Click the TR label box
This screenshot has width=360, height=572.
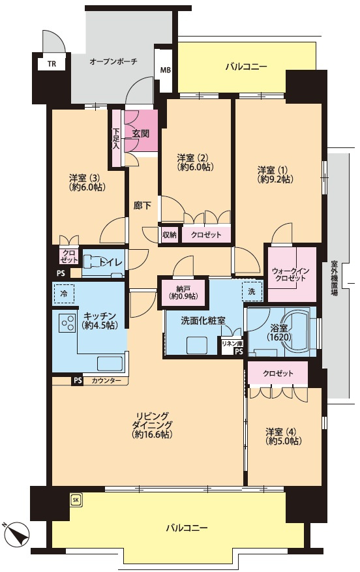[x=52, y=63]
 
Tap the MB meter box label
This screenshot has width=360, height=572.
[x=165, y=70]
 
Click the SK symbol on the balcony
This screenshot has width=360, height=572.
[x=76, y=500]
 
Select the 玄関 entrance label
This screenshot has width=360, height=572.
[x=140, y=134]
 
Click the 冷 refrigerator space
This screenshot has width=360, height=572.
[x=64, y=294]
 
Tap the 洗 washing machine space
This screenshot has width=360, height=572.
[x=252, y=291]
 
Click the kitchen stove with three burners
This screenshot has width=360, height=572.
[x=67, y=322]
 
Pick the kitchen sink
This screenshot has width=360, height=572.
[x=109, y=363]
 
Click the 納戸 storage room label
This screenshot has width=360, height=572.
[x=183, y=292]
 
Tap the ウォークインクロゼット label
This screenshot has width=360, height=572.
[x=291, y=275]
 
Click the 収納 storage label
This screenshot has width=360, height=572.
[x=170, y=235]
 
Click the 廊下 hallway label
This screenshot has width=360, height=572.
[x=142, y=205]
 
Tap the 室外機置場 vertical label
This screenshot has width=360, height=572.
[x=334, y=278]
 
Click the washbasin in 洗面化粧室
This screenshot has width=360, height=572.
[x=197, y=345]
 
